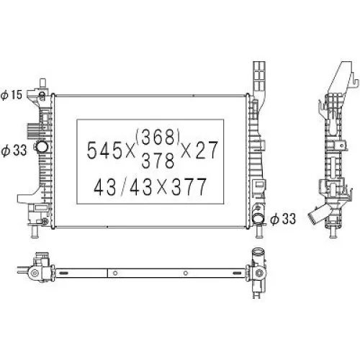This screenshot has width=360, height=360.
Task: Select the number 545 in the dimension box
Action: (x=102, y=150)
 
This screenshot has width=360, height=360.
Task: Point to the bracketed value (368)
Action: (x=159, y=135)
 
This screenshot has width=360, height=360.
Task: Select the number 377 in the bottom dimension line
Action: (x=186, y=187)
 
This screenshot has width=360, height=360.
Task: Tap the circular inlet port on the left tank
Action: (x=42, y=148)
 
